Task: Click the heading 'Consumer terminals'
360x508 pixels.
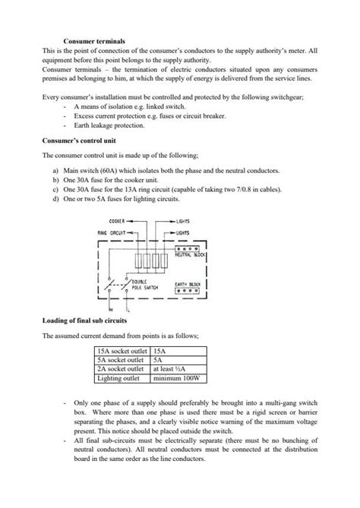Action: [93, 40]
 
